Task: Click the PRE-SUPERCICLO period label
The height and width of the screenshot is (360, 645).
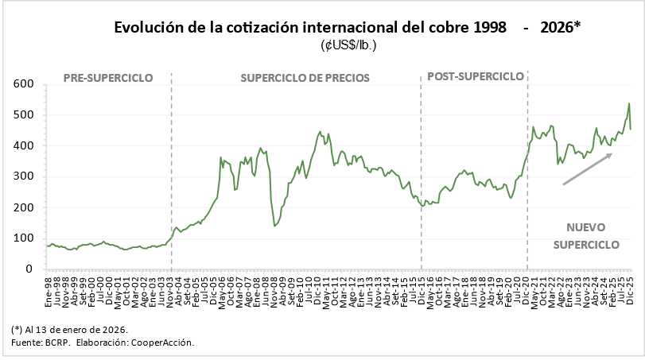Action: pyautogui.click(x=107, y=78)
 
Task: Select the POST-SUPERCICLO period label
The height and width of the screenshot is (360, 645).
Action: pyautogui.click(x=476, y=77)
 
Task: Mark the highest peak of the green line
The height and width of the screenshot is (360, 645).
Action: pyautogui.click(x=629, y=103)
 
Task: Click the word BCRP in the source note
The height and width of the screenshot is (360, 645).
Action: pyautogui.click(x=56, y=342)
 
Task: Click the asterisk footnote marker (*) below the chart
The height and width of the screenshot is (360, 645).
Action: pyautogui.click(x=17, y=329)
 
